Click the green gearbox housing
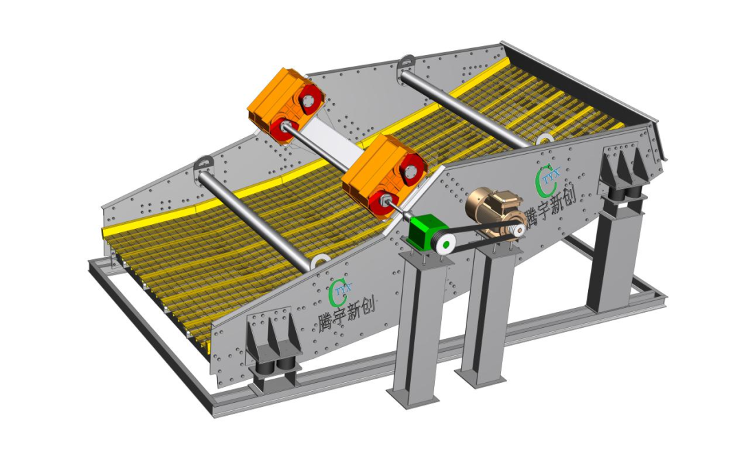[x=423, y=232]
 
